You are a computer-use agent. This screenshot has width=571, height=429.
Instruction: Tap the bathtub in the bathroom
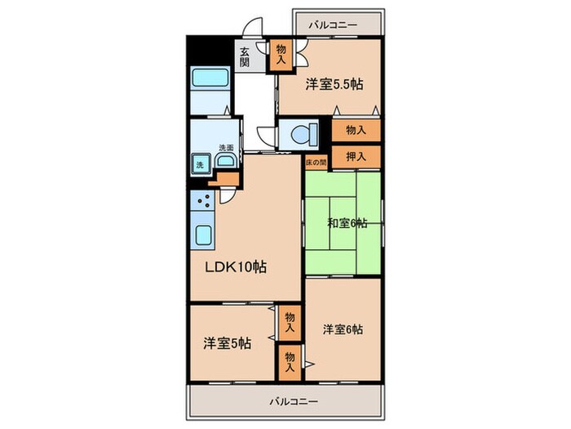click(x=210, y=78)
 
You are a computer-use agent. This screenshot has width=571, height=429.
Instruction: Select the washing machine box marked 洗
click(x=201, y=164)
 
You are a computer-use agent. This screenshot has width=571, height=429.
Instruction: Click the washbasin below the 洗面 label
click(x=225, y=160)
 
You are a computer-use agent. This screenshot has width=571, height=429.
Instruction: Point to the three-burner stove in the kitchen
click(x=202, y=200)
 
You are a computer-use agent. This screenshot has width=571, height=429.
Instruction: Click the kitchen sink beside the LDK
click(x=203, y=235)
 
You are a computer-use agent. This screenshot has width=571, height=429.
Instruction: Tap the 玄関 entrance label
click(x=245, y=57)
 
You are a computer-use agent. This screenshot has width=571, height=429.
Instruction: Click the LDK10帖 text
click(x=236, y=267)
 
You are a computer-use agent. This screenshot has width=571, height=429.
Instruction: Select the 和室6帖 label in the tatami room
click(x=347, y=223)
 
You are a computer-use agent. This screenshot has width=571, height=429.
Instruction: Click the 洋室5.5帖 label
click(x=334, y=84)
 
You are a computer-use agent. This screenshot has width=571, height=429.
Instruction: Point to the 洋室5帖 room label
click(x=227, y=343)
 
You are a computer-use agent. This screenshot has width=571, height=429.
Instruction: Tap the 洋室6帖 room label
click(x=343, y=329)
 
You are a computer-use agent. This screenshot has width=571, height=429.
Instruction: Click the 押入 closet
click(x=356, y=157)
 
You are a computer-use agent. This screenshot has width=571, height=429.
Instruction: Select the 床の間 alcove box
click(x=316, y=163)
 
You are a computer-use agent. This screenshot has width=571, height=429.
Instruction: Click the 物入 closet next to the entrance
click(x=281, y=55)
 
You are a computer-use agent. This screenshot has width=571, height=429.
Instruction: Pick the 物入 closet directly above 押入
click(x=356, y=130)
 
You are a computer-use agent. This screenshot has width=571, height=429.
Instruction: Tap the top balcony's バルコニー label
click(x=333, y=25)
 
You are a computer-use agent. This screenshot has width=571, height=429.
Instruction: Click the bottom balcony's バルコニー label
click(x=294, y=402)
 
